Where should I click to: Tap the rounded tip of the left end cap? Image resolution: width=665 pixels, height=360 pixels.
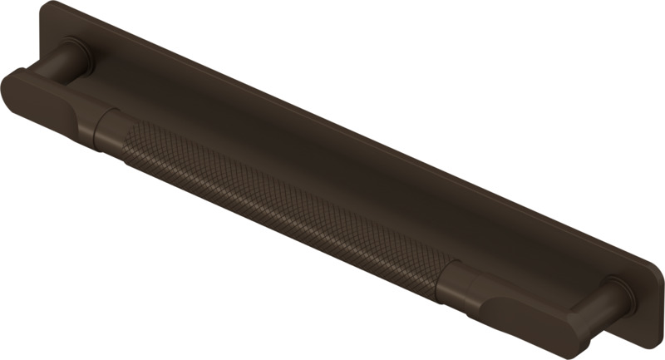pos(10,83)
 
